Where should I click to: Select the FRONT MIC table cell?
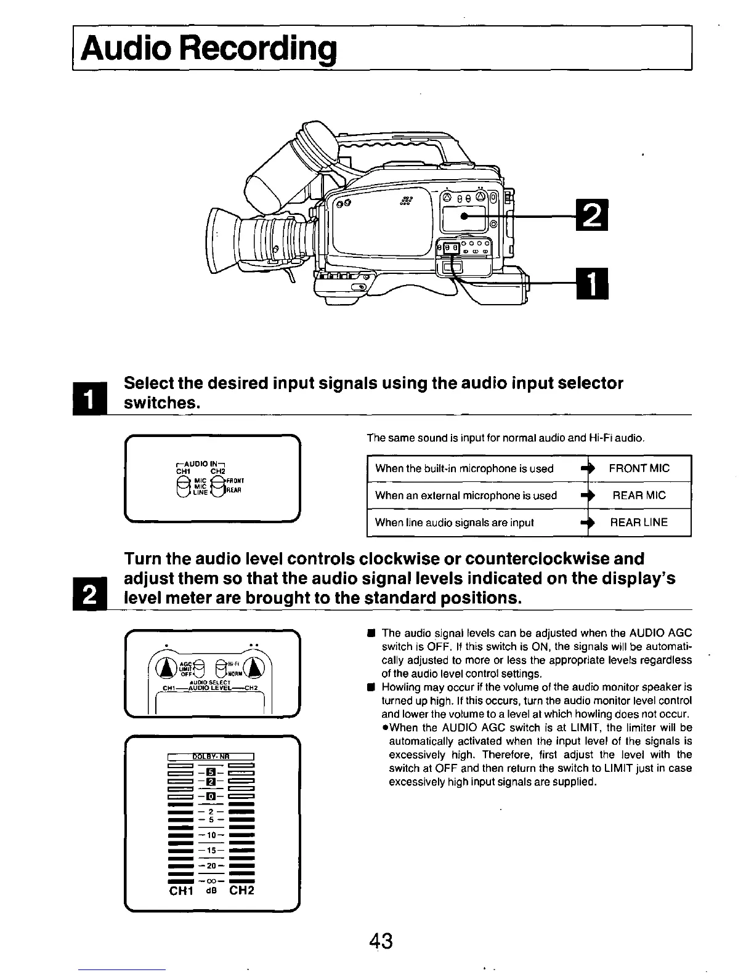point(639,468)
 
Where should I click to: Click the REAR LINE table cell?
point(639,523)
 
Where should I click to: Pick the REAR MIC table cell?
point(639,496)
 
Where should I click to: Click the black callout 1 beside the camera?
point(590,283)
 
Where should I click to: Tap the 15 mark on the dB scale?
point(211,851)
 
